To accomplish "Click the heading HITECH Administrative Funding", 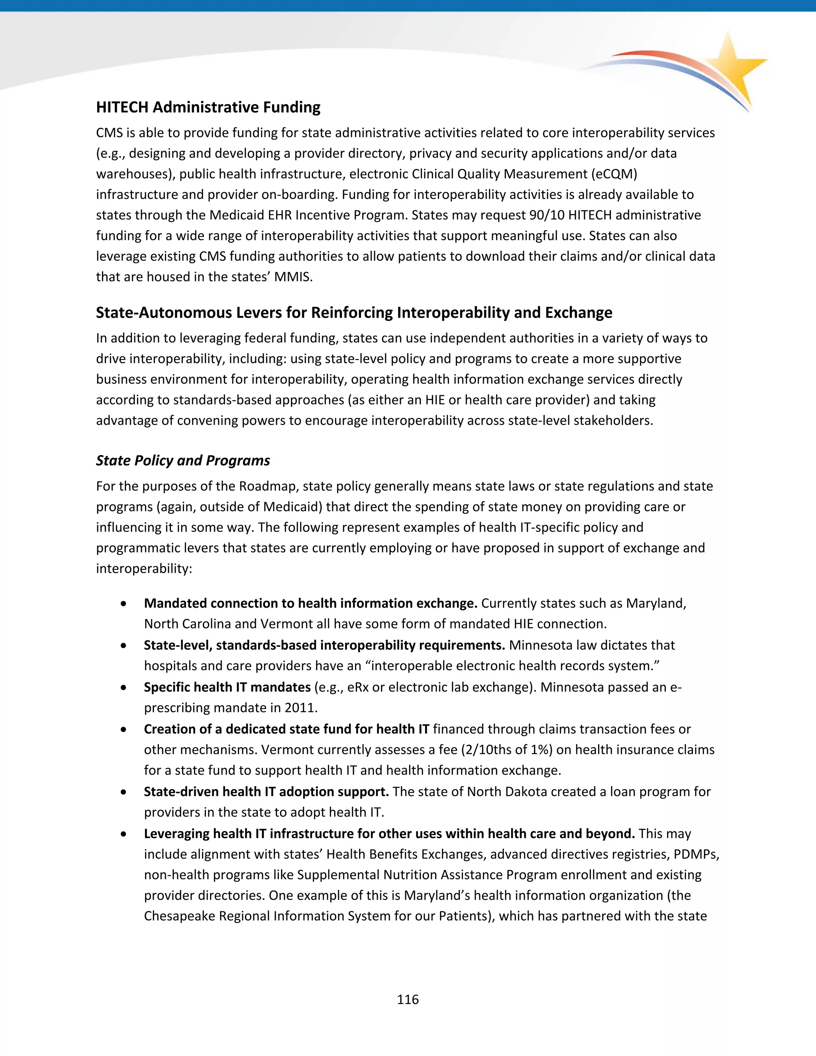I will pos(208,107).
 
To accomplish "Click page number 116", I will pos(408,999).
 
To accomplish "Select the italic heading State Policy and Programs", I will pos(183,460).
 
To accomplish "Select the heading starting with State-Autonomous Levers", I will pos(354,312).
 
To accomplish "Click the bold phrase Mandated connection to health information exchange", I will pos(310,603).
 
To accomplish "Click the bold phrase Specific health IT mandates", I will pos(227,687).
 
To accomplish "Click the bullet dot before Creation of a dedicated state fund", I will pos(125,729).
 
